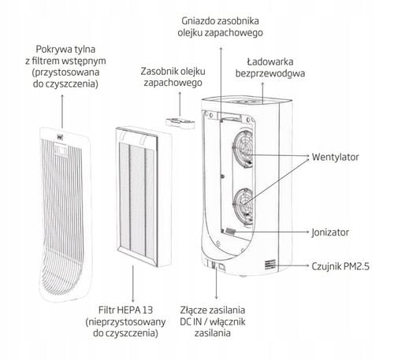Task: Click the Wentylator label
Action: point(335,157)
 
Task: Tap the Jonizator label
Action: point(330,232)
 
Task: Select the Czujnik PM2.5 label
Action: point(340,266)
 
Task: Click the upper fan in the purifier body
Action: point(243,149)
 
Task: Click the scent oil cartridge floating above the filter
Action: point(180,123)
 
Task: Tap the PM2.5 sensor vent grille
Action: point(270,264)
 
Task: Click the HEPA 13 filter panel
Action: point(144,196)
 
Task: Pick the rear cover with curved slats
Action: point(65,214)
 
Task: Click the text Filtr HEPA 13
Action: point(125,310)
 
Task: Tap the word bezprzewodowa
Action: point(270,73)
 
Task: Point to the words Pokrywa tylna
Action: point(65,49)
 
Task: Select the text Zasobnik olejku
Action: point(173,71)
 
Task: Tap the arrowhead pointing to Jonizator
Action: point(308,232)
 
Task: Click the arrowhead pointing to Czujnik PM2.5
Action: point(308,265)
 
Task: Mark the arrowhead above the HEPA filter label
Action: point(133,300)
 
